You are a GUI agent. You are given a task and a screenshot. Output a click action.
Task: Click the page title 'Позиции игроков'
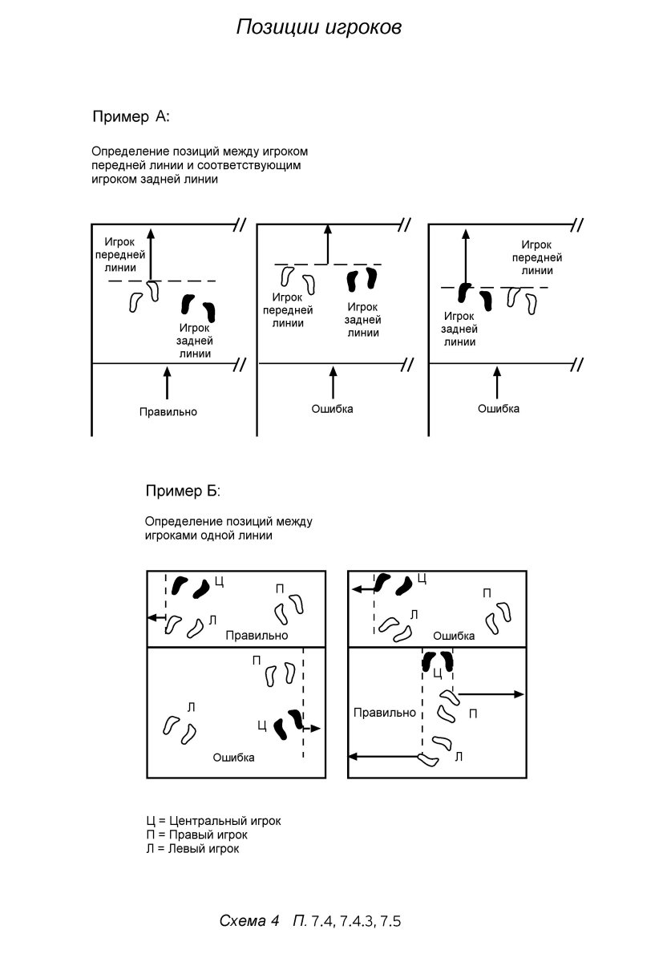(x=318, y=27)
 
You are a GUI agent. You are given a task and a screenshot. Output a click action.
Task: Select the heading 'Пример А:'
(x=131, y=117)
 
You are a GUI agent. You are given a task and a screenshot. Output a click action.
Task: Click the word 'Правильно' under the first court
(x=168, y=412)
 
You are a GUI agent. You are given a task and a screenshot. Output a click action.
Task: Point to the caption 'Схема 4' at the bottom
(x=249, y=921)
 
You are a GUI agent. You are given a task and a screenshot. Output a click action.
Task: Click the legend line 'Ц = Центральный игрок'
(x=213, y=821)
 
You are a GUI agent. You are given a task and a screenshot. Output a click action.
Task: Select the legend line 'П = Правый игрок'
(x=196, y=835)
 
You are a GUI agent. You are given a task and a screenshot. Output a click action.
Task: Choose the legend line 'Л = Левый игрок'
(x=192, y=848)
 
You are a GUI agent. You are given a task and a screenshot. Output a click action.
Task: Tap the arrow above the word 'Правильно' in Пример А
(x=167, y=383)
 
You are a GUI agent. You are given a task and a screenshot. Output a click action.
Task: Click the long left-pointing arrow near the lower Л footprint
(x=385, y=757)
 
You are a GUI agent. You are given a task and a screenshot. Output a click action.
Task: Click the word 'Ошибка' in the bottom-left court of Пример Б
(x=233, y=758)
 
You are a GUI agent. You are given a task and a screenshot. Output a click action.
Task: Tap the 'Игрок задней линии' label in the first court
(x=195, y=340)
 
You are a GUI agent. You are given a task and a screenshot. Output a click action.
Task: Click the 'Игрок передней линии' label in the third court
(x=537, y=257)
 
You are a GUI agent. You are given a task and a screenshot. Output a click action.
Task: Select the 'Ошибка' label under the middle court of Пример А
(x=332, y=409)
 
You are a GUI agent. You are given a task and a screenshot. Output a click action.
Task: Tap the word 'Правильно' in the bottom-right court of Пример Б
(x=385, y=712)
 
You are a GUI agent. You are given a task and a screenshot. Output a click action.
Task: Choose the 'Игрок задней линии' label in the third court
(x=459, y=329)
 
